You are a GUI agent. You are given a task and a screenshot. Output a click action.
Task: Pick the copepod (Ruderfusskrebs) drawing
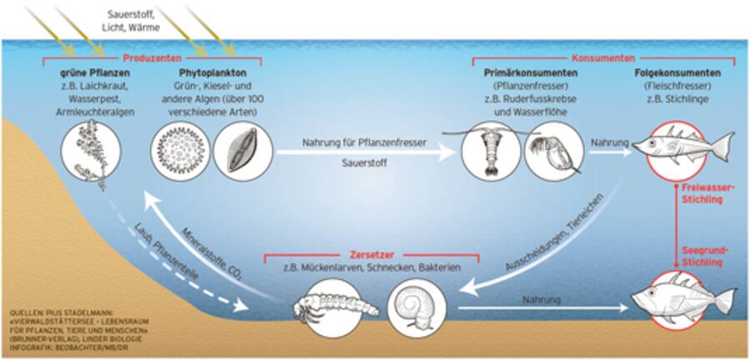tap(490, 150)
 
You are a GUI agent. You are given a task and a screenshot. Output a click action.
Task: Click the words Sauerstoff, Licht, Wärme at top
tap(133, 21)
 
